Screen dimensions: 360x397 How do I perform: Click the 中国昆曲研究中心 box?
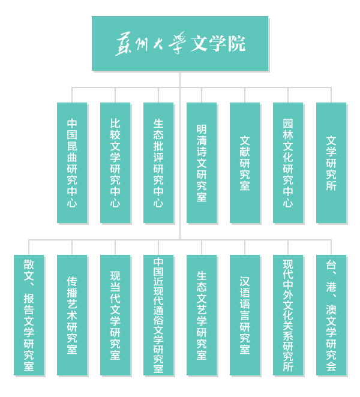point(72,163)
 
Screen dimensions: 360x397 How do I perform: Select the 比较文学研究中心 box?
point(115,163)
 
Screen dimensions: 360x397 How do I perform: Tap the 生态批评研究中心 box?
point(158,163)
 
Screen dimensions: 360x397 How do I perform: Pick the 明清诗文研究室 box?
point(202,163)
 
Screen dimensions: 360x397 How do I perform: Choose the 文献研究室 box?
point(245,163)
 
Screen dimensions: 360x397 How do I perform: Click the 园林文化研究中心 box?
point(288,163)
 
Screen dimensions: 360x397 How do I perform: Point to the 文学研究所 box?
point(331,163)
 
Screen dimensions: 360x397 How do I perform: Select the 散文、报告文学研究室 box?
point(29,315)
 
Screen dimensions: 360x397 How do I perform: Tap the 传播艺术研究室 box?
point(72,315)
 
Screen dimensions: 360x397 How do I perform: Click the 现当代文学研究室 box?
point(115,315)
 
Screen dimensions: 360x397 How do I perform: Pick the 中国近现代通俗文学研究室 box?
point(158,315)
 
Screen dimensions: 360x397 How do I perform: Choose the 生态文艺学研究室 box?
point(202,315)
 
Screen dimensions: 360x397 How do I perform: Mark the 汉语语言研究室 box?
point(245,315)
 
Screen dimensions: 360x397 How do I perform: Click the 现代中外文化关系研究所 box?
point(288,315)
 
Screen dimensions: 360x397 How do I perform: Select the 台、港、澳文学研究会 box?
point(331,315)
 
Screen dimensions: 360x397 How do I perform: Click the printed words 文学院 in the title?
point(218,44)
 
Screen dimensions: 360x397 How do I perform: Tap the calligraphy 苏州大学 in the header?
point(151,44)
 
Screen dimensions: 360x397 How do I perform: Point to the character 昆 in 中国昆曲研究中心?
point(72,146)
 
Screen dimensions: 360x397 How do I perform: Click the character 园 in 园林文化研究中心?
point(288,124)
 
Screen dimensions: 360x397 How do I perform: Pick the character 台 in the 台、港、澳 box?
point(331,264)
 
